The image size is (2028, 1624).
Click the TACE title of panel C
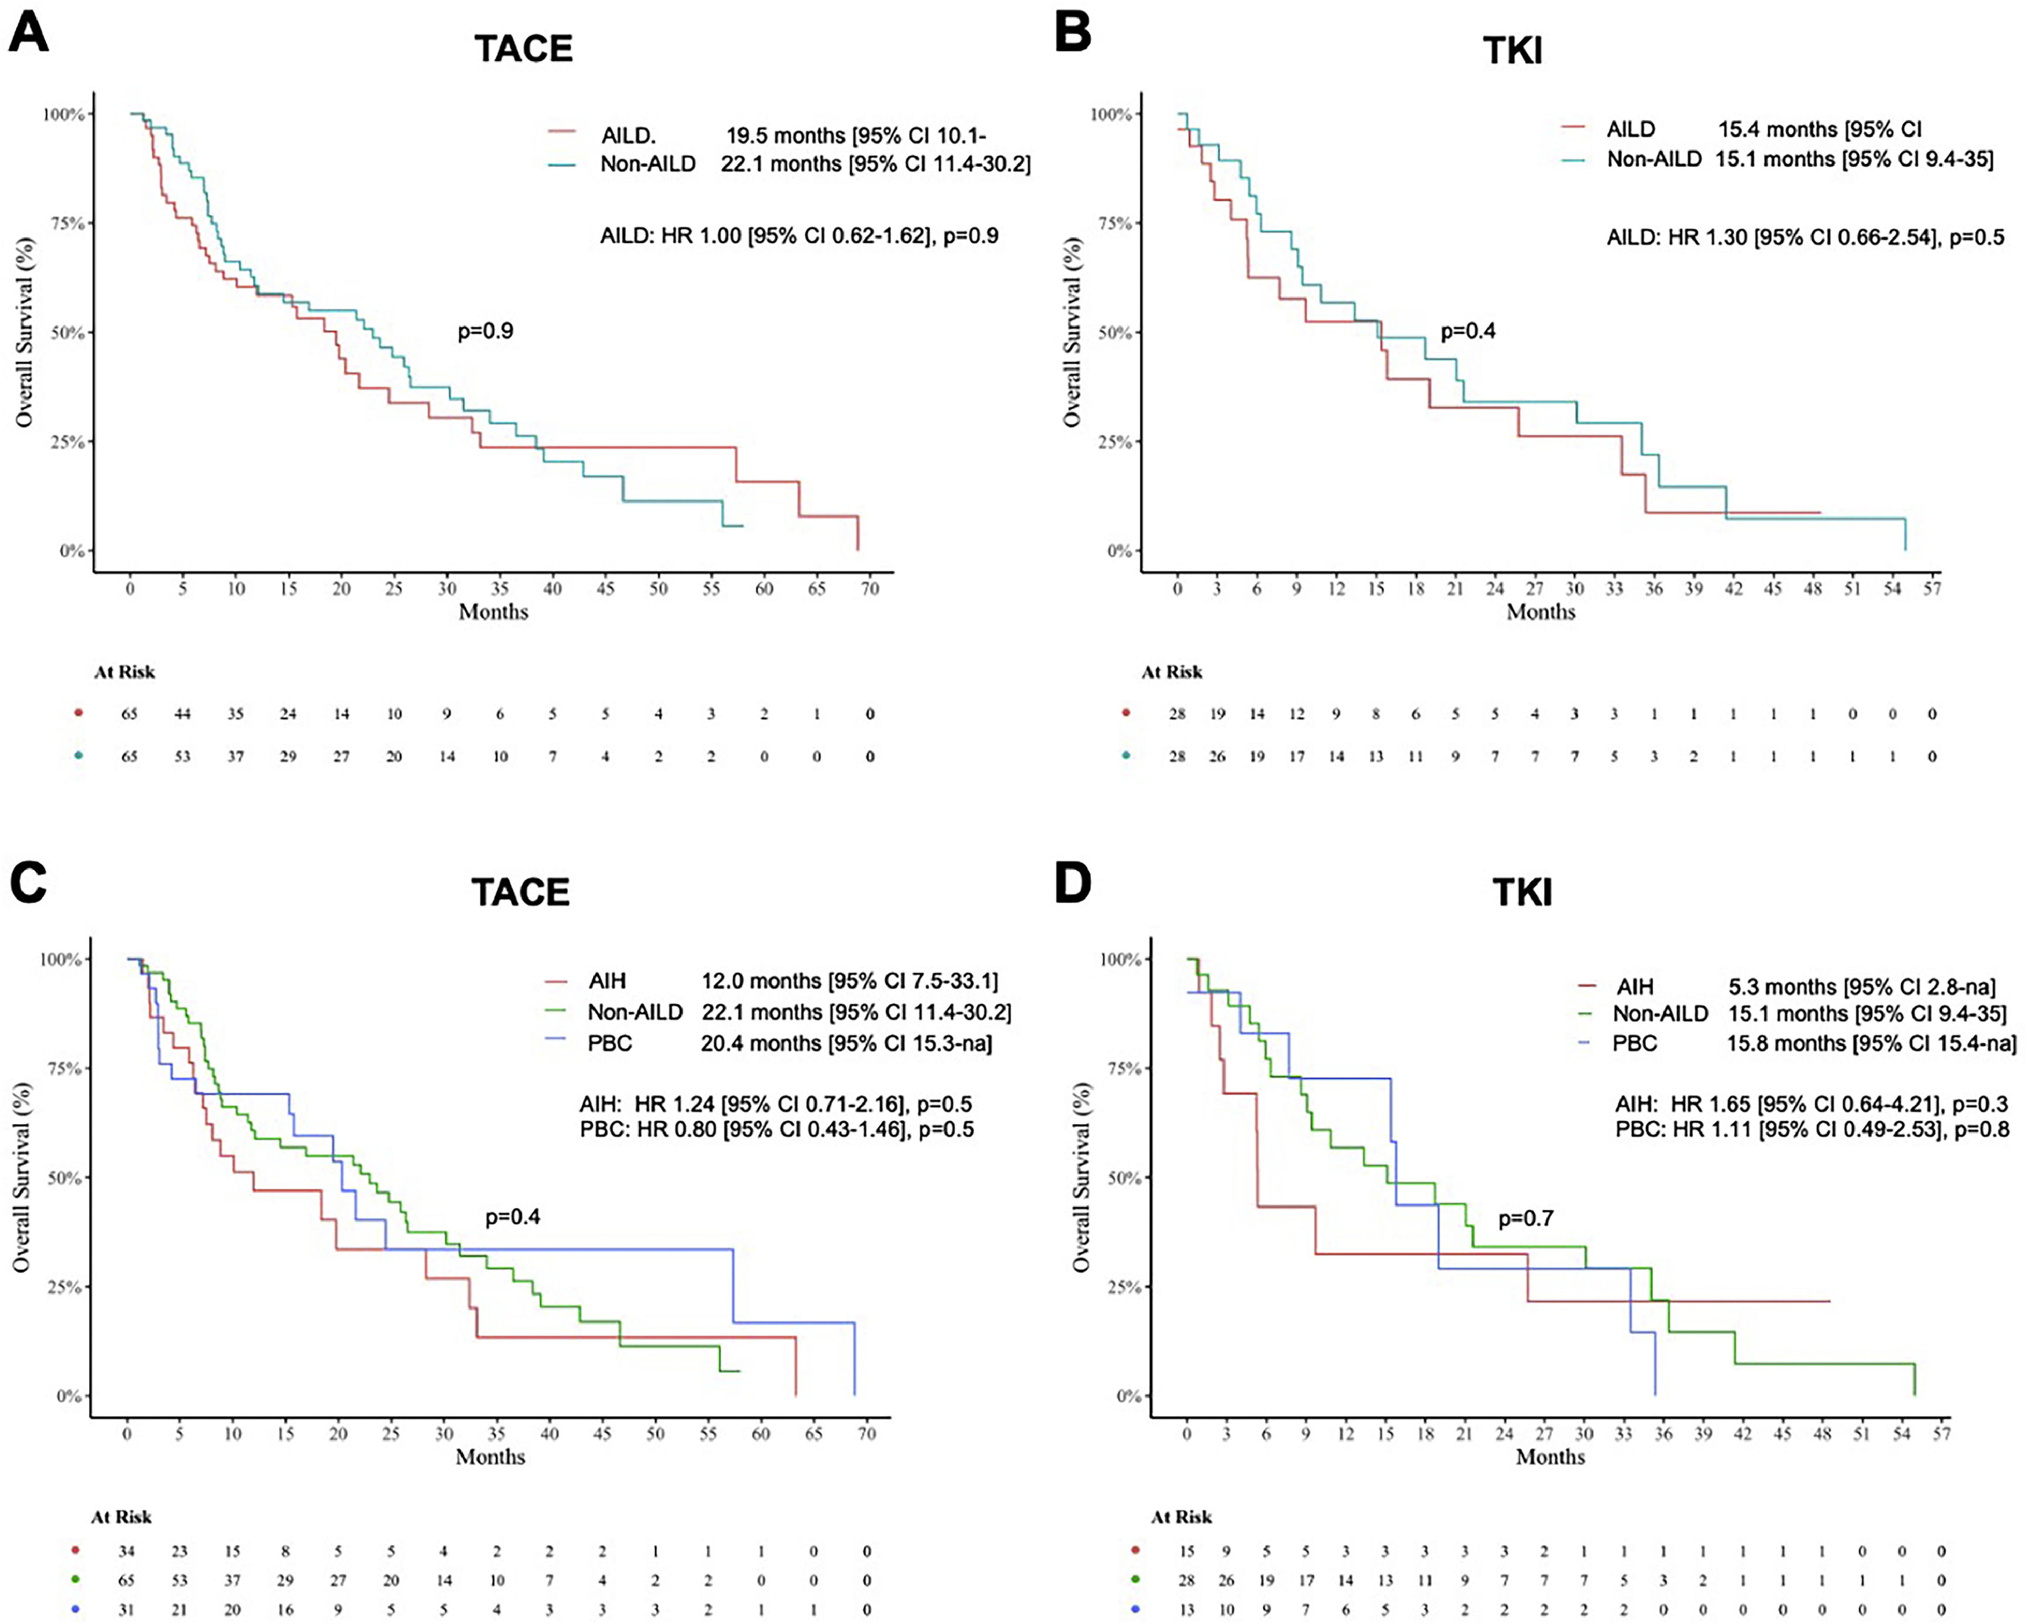(x=520, y=892)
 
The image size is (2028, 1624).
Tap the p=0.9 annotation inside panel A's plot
(x=486, y=331)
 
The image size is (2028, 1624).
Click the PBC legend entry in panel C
(x=609, y=1044)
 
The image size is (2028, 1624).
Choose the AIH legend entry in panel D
(x=1635, y=987)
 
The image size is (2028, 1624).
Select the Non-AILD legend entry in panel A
(x=648, y=164)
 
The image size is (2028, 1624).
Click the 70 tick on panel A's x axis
(x=870, y=589)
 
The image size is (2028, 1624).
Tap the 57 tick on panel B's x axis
(x=1932, y=589)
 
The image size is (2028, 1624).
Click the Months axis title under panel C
(x=490, y=1457)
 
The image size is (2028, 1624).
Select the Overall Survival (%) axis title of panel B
(x=1071, y=332)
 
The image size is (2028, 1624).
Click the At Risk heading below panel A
(x=124, y=672)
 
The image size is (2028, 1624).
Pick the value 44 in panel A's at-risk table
(x=182, y=714)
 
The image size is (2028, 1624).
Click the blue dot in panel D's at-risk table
(x=1135, y=1609)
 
